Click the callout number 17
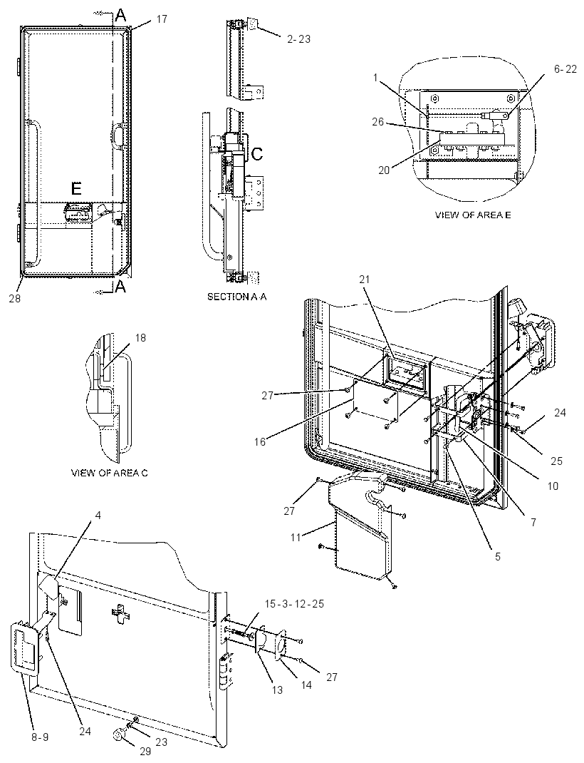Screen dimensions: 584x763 click(x=162, y=19)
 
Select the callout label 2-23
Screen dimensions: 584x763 click(x=299, y=39)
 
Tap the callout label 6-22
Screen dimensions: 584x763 click(x=565, y=70)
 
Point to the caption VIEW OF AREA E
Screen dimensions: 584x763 click(x=473, y=215)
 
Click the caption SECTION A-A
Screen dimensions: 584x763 click(x=237, y=297)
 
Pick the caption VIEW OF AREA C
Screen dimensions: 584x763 click(x=109, y=473)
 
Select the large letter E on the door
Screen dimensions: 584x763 click(x=76, y=189)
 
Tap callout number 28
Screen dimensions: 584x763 click(x=15, y=299)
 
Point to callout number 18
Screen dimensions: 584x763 click(x=140, y=338)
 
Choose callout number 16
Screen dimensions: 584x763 click(x=261, y=442)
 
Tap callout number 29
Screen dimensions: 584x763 click(x=145, y=752)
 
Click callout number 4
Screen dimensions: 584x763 click(x=98, y=516)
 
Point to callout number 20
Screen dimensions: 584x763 click(x=385, y=171)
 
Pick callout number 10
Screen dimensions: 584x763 click(x=553, y=486)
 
